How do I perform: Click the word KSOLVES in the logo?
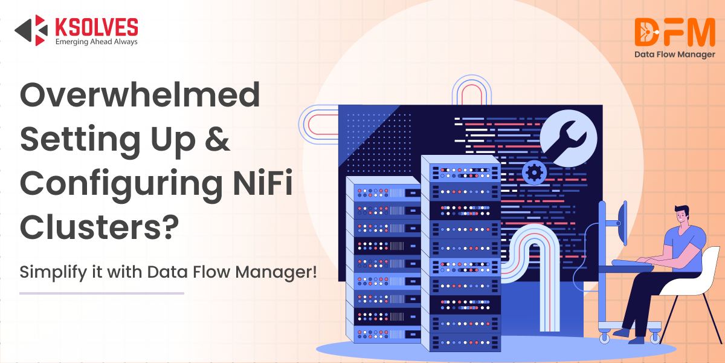pyautogui.click(x=96, y=27)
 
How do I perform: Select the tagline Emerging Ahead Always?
pyautogui.click(x=96, y=42)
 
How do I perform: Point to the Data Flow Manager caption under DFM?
pyautogui.click(x=674, y=54)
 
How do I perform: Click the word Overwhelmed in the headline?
pyautogui.click(x=140, y=96)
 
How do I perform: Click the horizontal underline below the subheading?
pyautogui.click(x=101, y=293)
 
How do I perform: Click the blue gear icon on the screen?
pyautogui.click(x=533, y=173)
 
